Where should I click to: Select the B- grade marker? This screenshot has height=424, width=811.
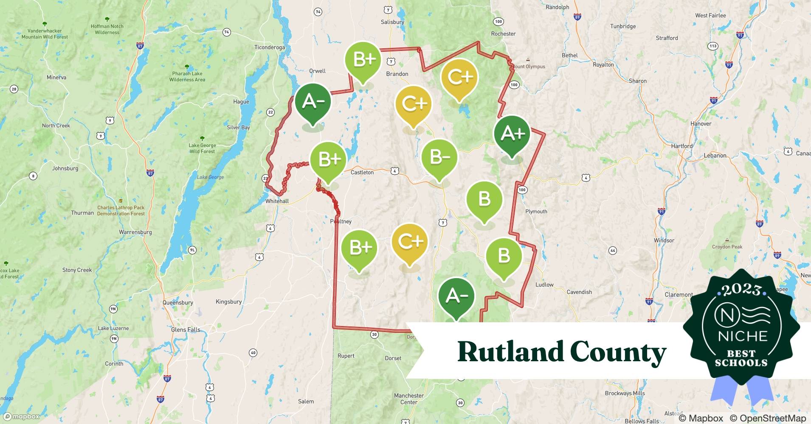click(439, 158)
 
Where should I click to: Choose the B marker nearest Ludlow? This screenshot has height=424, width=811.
click(504, 257)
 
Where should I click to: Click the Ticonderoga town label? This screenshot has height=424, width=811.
click(270, 47)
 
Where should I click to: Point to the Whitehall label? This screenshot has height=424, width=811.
click(277, 201)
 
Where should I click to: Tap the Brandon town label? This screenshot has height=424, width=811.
click(397, 74)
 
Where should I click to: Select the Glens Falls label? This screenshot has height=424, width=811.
click(186, 329)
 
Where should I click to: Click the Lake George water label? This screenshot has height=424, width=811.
click(210, 177)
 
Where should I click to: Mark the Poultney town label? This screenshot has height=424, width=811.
click(341, 221)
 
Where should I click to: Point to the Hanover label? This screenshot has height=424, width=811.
click(701, 124)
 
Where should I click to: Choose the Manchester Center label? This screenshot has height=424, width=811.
click(409, 399)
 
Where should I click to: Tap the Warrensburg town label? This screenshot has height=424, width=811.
click(135, 232)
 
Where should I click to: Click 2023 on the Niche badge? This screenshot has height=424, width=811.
click(741, 290)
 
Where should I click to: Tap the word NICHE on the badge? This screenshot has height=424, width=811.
click(743, 336)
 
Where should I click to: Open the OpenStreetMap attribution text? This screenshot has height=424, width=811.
click(768, 418)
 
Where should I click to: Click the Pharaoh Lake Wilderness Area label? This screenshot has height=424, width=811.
click(187, 76)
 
